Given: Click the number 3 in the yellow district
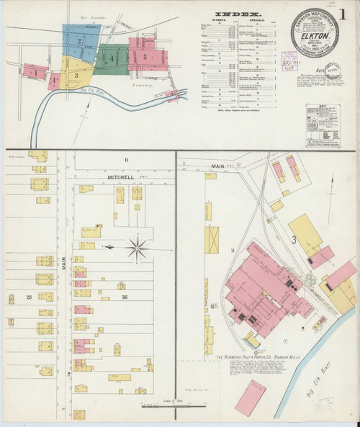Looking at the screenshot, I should (76, 74).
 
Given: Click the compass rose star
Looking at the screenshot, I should (136, 248).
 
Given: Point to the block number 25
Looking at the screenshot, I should (29, 297).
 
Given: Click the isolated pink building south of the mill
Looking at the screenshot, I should (249, 397).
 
